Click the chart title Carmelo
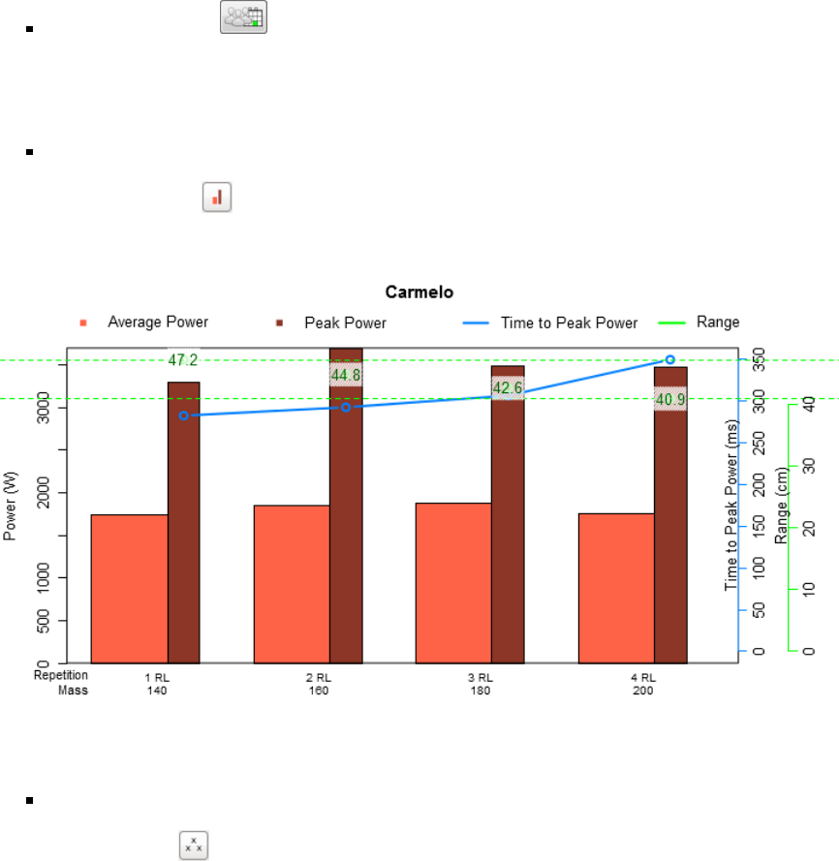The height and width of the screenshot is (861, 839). coord(419,292)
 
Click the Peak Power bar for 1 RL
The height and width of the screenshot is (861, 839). coord(183,523)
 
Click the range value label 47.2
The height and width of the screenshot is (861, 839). coord(183,360)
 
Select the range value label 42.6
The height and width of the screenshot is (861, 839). coord(508,388)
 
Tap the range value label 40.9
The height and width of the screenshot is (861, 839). coord(670,398)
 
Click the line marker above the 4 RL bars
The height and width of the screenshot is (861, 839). coord(669,359)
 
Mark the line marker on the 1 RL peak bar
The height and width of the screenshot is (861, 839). coord(183,415)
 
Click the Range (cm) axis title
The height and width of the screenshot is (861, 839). coord(783,505)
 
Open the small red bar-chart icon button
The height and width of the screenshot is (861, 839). coord(217,198)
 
